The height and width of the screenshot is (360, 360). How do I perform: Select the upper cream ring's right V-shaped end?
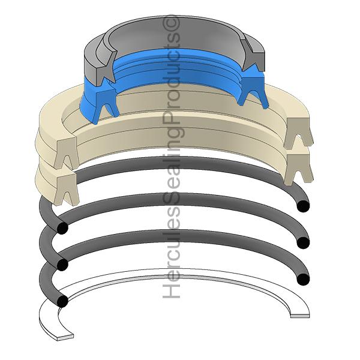click(x=298, y=133)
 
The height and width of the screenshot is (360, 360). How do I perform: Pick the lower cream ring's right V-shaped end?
click(x=298, y=168)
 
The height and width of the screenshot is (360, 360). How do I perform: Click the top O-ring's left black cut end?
click(x=62, y=229)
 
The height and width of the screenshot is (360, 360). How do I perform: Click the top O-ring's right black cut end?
click(x=304, y=206)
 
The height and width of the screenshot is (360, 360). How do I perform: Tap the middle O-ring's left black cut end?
click(x=62, y=264)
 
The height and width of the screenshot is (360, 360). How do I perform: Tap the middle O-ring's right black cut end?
click(x=304, y=242)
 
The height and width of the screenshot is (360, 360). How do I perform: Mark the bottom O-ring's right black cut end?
click(x=304, y=278)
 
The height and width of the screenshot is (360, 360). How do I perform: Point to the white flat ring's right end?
click(x=299, y=313)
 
